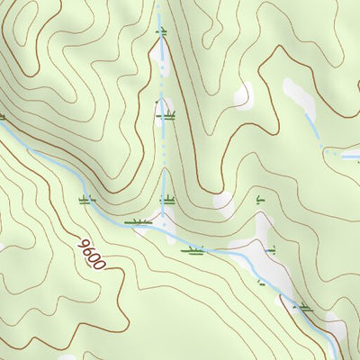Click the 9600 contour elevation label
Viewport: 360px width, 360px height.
(x=92, y=255)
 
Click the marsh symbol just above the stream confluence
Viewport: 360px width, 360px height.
(x=166, y=201)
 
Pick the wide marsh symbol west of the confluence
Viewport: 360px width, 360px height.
(x=139, y=221)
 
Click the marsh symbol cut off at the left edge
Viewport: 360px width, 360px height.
(x=2, y=116)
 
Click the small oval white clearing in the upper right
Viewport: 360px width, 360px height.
(x=243, y=94)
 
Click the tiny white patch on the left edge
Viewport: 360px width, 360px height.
(x=2, y=247)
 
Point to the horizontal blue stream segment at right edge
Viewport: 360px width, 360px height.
(x=346, y=154)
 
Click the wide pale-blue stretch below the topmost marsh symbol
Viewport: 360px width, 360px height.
(x=163, y=58)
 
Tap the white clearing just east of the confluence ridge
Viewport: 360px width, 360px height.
(x=223, y=202)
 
